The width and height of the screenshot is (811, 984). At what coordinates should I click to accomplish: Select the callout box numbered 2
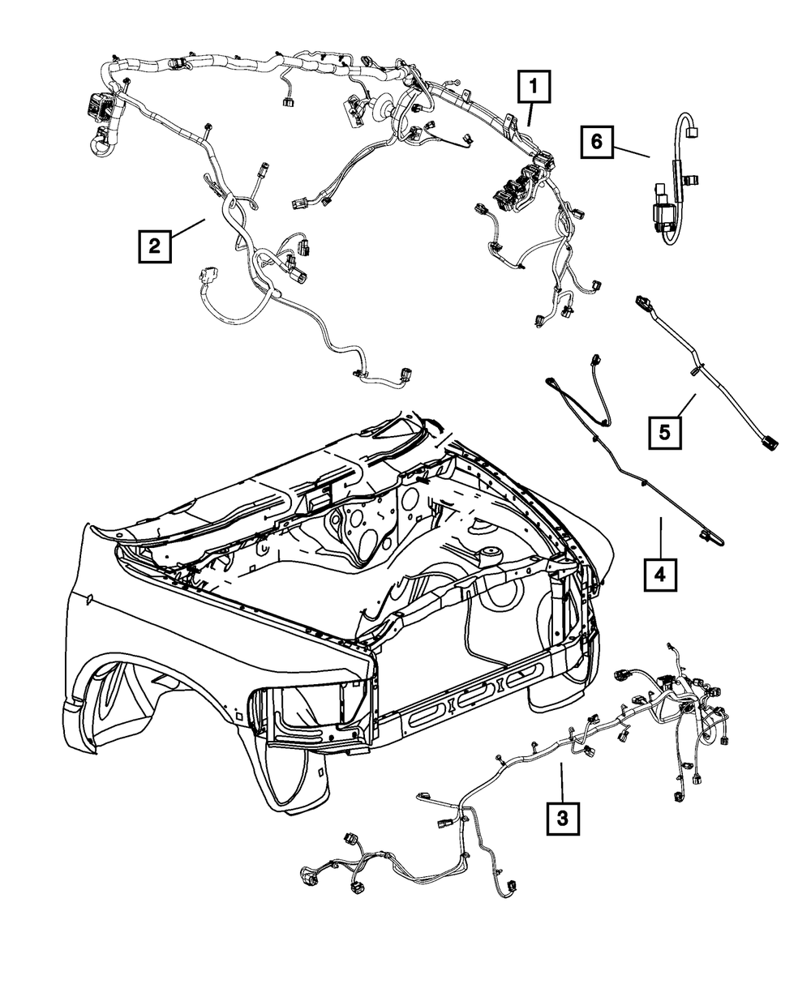click(155, 244)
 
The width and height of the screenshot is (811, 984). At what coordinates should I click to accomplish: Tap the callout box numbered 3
click(562, 816)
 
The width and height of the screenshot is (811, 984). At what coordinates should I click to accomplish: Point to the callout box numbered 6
click(597, 143)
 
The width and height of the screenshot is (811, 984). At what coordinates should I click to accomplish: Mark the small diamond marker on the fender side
click(90, 599)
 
